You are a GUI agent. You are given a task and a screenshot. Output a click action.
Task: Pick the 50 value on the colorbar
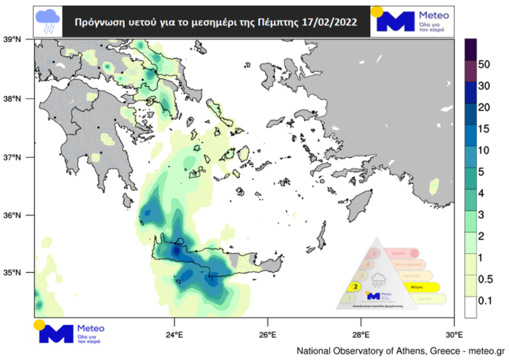click(x=485, y=64)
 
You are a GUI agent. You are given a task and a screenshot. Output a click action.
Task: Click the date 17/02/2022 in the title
click(x=329, y=22)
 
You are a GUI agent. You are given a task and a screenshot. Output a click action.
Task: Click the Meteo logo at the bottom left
click(x=69, y=332)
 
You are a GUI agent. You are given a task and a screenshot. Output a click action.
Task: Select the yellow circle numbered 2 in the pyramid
click(x=356, y=286)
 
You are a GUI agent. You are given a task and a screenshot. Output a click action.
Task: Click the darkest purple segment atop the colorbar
click(x=470, y=50)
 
